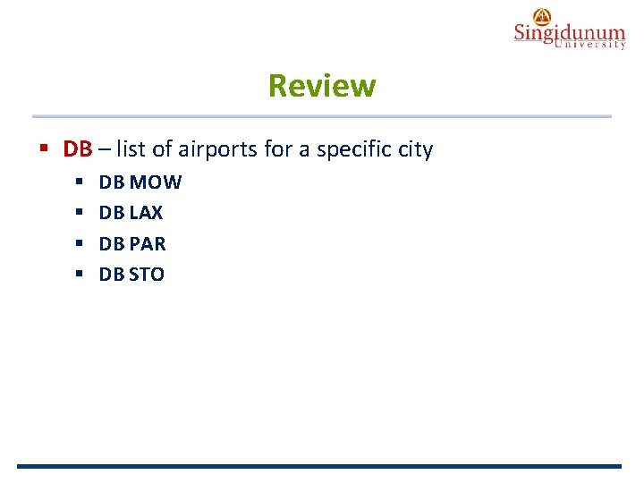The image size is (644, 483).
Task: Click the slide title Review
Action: click(x=322, y=87)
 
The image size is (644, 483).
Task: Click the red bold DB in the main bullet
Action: click(x=78, y=149)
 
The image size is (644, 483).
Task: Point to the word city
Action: click(x=414, y=149)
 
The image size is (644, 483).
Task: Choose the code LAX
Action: click(x=146, y=213)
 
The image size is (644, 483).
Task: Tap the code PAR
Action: click(x=148, y=243)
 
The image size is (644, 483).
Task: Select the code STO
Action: click(x=147, y=274)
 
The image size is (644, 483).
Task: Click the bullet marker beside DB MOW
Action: click(x=79, y=182)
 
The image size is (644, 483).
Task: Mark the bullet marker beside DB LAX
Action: click(x=79, y=213)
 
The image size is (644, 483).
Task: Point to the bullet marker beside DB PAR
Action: click(x=79, y=243)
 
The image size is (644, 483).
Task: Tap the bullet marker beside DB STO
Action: click(x=79, y=274)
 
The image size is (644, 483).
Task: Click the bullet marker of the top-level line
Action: click(x=44, y=148)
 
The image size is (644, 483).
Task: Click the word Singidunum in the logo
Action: click(x=569, y=33)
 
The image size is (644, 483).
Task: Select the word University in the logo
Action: click(x=590, y=45)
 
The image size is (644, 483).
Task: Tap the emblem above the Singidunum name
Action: click(x=542, y=15)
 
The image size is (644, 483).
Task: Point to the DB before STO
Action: click(x=112, y=274)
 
